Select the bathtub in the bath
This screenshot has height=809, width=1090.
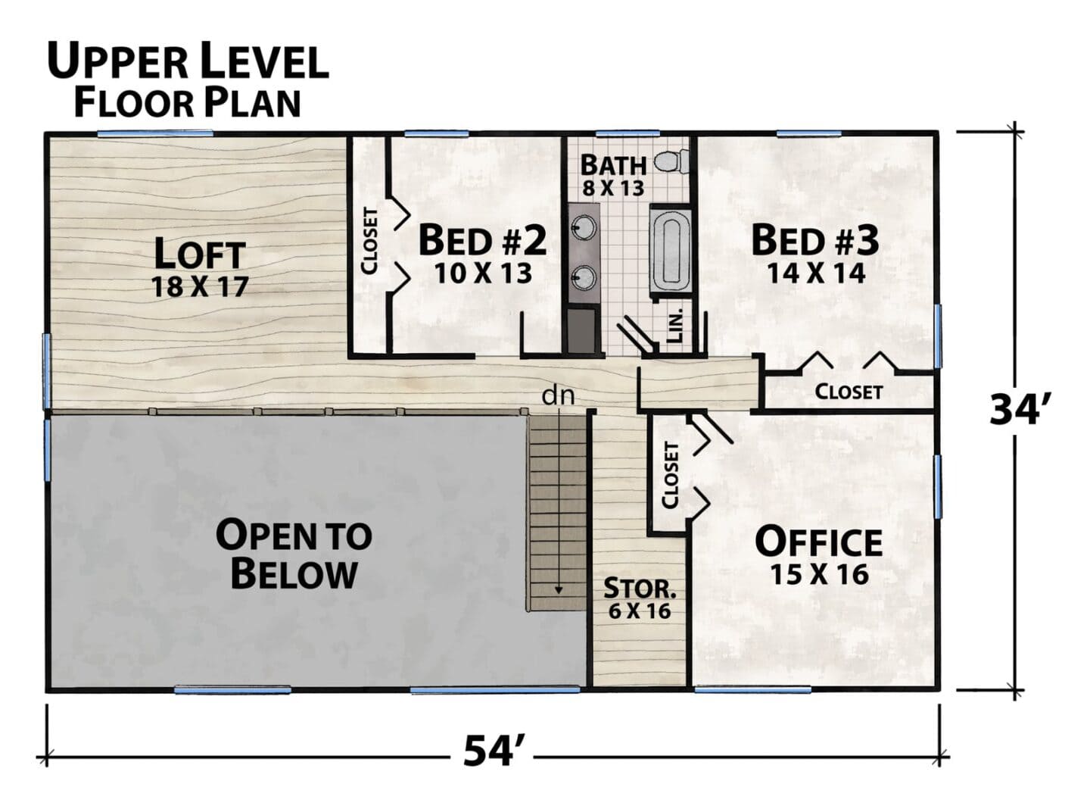point(671,251)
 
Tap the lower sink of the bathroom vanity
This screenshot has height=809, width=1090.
point(584,277)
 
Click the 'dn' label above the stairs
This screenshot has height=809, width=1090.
point(558,396)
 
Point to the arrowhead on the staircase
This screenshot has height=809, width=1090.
point(559,589)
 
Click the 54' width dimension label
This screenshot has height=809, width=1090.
point(491,751)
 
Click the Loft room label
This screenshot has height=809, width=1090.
point(200,253)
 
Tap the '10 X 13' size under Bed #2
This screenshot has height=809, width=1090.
point(483,273)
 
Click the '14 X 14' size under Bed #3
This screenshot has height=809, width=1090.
point(816,273)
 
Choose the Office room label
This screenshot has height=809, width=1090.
point(819,542)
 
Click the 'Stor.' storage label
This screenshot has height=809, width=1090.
point(640,588)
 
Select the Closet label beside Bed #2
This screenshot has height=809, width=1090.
point(369,242)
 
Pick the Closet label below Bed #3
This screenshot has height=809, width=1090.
point(849,392)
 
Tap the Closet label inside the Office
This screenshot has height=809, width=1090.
point(671,475)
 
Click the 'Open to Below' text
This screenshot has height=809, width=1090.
point(294,555)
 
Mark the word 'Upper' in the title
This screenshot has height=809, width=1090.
point(118,61)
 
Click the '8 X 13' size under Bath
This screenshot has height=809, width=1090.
point(613,188)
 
